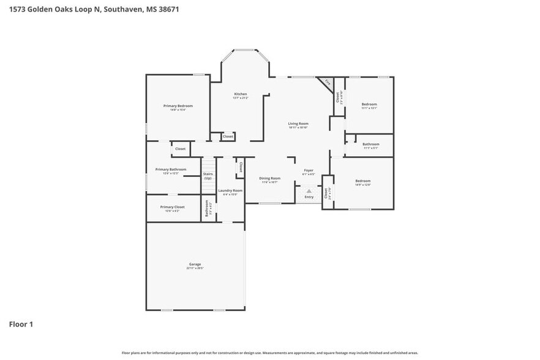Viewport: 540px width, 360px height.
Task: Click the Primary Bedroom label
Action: tap(178, 106)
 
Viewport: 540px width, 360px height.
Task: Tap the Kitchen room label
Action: tap(240, 94)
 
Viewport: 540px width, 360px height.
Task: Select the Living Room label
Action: tap(298, 124)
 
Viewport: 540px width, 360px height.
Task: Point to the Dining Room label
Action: tap(269, 178)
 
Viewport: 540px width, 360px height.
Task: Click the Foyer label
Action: tap(309, 170)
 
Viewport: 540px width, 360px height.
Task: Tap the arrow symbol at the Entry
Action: tap(309, 190)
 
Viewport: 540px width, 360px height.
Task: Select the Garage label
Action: tap(195, 264)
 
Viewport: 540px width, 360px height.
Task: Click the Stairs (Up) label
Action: tap(208, 176)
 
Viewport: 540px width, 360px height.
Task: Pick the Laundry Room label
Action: tap(230, 190)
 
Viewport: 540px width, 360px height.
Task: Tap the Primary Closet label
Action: tap(172, 207)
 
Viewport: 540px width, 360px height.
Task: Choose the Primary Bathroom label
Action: tap(171, 170)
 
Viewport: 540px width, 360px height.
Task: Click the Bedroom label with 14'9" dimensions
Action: tap(363, 181)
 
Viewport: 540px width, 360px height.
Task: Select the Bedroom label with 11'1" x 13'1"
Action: tap(369, 104)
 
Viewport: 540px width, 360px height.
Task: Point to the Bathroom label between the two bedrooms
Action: tap(371, 144)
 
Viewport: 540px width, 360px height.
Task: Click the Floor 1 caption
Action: tap(21, 324)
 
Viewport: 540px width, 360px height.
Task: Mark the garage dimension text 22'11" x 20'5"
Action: tap(195, 268)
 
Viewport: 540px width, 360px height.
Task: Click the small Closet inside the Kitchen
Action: tap(228, 137)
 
